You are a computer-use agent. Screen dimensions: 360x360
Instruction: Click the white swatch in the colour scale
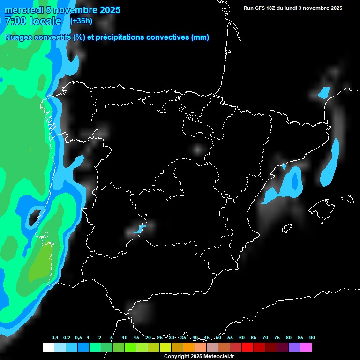(48, 347)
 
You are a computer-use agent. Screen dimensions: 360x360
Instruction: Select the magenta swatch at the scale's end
(306, 347)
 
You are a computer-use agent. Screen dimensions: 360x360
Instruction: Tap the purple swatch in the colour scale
(294, 347)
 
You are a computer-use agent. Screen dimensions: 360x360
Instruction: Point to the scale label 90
(312, 337)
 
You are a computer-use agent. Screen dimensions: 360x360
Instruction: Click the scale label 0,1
(55, 337)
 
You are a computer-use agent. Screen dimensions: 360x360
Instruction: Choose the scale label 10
(124, 337)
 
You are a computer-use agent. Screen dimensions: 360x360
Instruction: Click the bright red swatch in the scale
(247, 347)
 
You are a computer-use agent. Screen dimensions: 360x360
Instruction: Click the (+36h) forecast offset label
(81, 21)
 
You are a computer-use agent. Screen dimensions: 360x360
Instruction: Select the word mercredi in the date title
(23, 10)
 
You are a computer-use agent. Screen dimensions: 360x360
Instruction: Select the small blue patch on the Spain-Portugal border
(139, 229)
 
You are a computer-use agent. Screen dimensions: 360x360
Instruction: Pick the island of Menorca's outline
(347, 199)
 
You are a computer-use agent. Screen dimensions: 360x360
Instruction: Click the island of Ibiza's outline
(287, 228)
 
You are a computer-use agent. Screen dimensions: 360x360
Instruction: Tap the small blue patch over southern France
(324, 92)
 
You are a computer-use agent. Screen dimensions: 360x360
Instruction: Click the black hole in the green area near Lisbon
(34, 216)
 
